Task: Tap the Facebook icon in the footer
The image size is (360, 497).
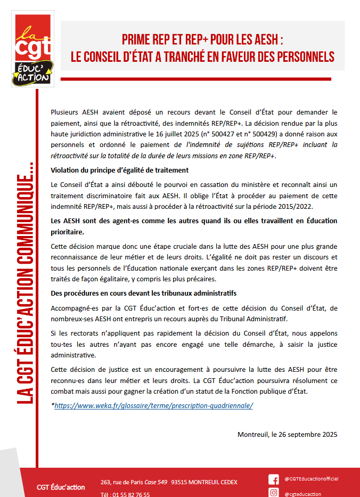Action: click(274, 479)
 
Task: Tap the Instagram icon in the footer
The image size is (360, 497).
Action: click(274, 493)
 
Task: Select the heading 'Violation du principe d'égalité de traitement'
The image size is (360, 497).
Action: click(119, 170)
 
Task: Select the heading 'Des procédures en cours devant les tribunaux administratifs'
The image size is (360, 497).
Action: click(144, 294)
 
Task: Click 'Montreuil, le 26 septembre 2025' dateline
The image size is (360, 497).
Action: click(287, 434)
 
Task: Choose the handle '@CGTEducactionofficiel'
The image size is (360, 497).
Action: click(312, 479)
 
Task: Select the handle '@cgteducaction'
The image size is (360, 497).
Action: click(303, 493)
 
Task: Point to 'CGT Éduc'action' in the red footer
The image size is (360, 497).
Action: click(61, 487)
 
